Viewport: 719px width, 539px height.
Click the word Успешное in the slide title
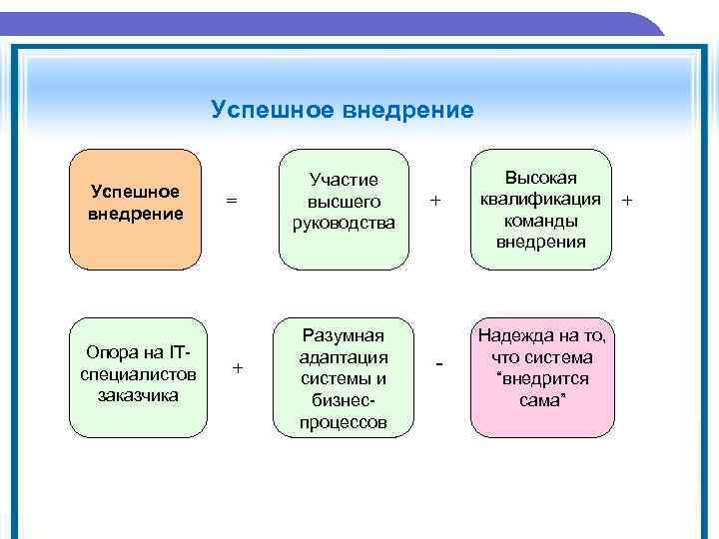tap(261, 109)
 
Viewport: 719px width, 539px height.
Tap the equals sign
tap(232, 201)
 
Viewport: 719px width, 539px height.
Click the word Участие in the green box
tap(344, 180)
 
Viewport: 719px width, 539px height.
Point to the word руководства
tap(344, 223)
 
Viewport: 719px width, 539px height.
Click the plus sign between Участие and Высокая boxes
tap(434, 201)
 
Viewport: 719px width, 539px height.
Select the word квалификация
tap(539, 200)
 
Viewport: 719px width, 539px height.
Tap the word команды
tap(539, 221)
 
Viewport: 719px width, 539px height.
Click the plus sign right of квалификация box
tap(627, 201)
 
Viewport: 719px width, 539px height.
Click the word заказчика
tap(138, 395)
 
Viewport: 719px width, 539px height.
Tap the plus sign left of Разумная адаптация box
tap(237, 368)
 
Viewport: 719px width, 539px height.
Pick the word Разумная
tap(344, 335)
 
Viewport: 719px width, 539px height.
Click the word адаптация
tap(344, 357)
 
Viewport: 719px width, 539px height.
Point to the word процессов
tap(344, 422)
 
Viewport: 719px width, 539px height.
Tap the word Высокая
tap(540, 178)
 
